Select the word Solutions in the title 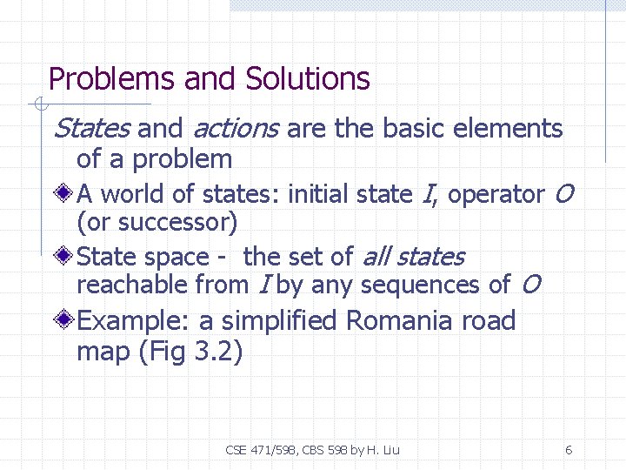coord(308,79)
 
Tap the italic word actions coord(235,129)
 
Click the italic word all coord(374,257)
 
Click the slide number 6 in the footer coord(568,450)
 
